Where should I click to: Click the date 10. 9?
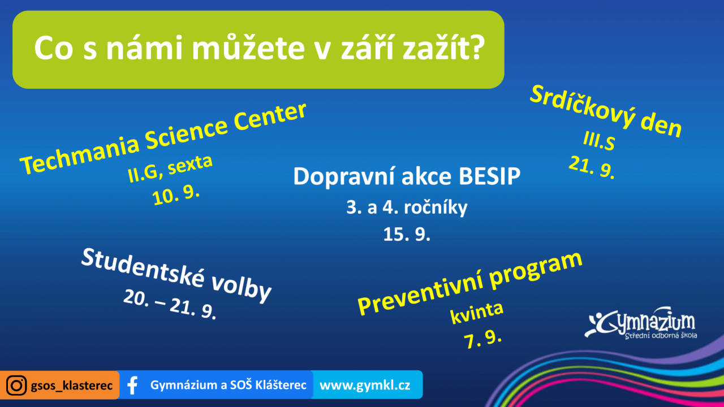(x=176, y=195)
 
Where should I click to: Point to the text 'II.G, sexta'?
(x=170, y=168)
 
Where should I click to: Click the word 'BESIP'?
(x=489, y=176)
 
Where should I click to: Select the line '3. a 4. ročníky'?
(x=407, y=207)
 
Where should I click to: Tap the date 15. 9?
(x=407, y=234)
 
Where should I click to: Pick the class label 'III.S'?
(x=599, y=141)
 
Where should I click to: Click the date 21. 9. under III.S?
(x=592, y=167)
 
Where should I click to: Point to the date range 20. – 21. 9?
(x=170, y=304)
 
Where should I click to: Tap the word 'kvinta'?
(x=477, y=313)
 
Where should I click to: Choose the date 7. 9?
(x=482, y=339)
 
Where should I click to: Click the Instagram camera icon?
(x=16, y=385)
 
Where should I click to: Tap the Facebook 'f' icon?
(x=132, y=385)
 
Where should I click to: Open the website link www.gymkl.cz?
(x=365, y=385)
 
